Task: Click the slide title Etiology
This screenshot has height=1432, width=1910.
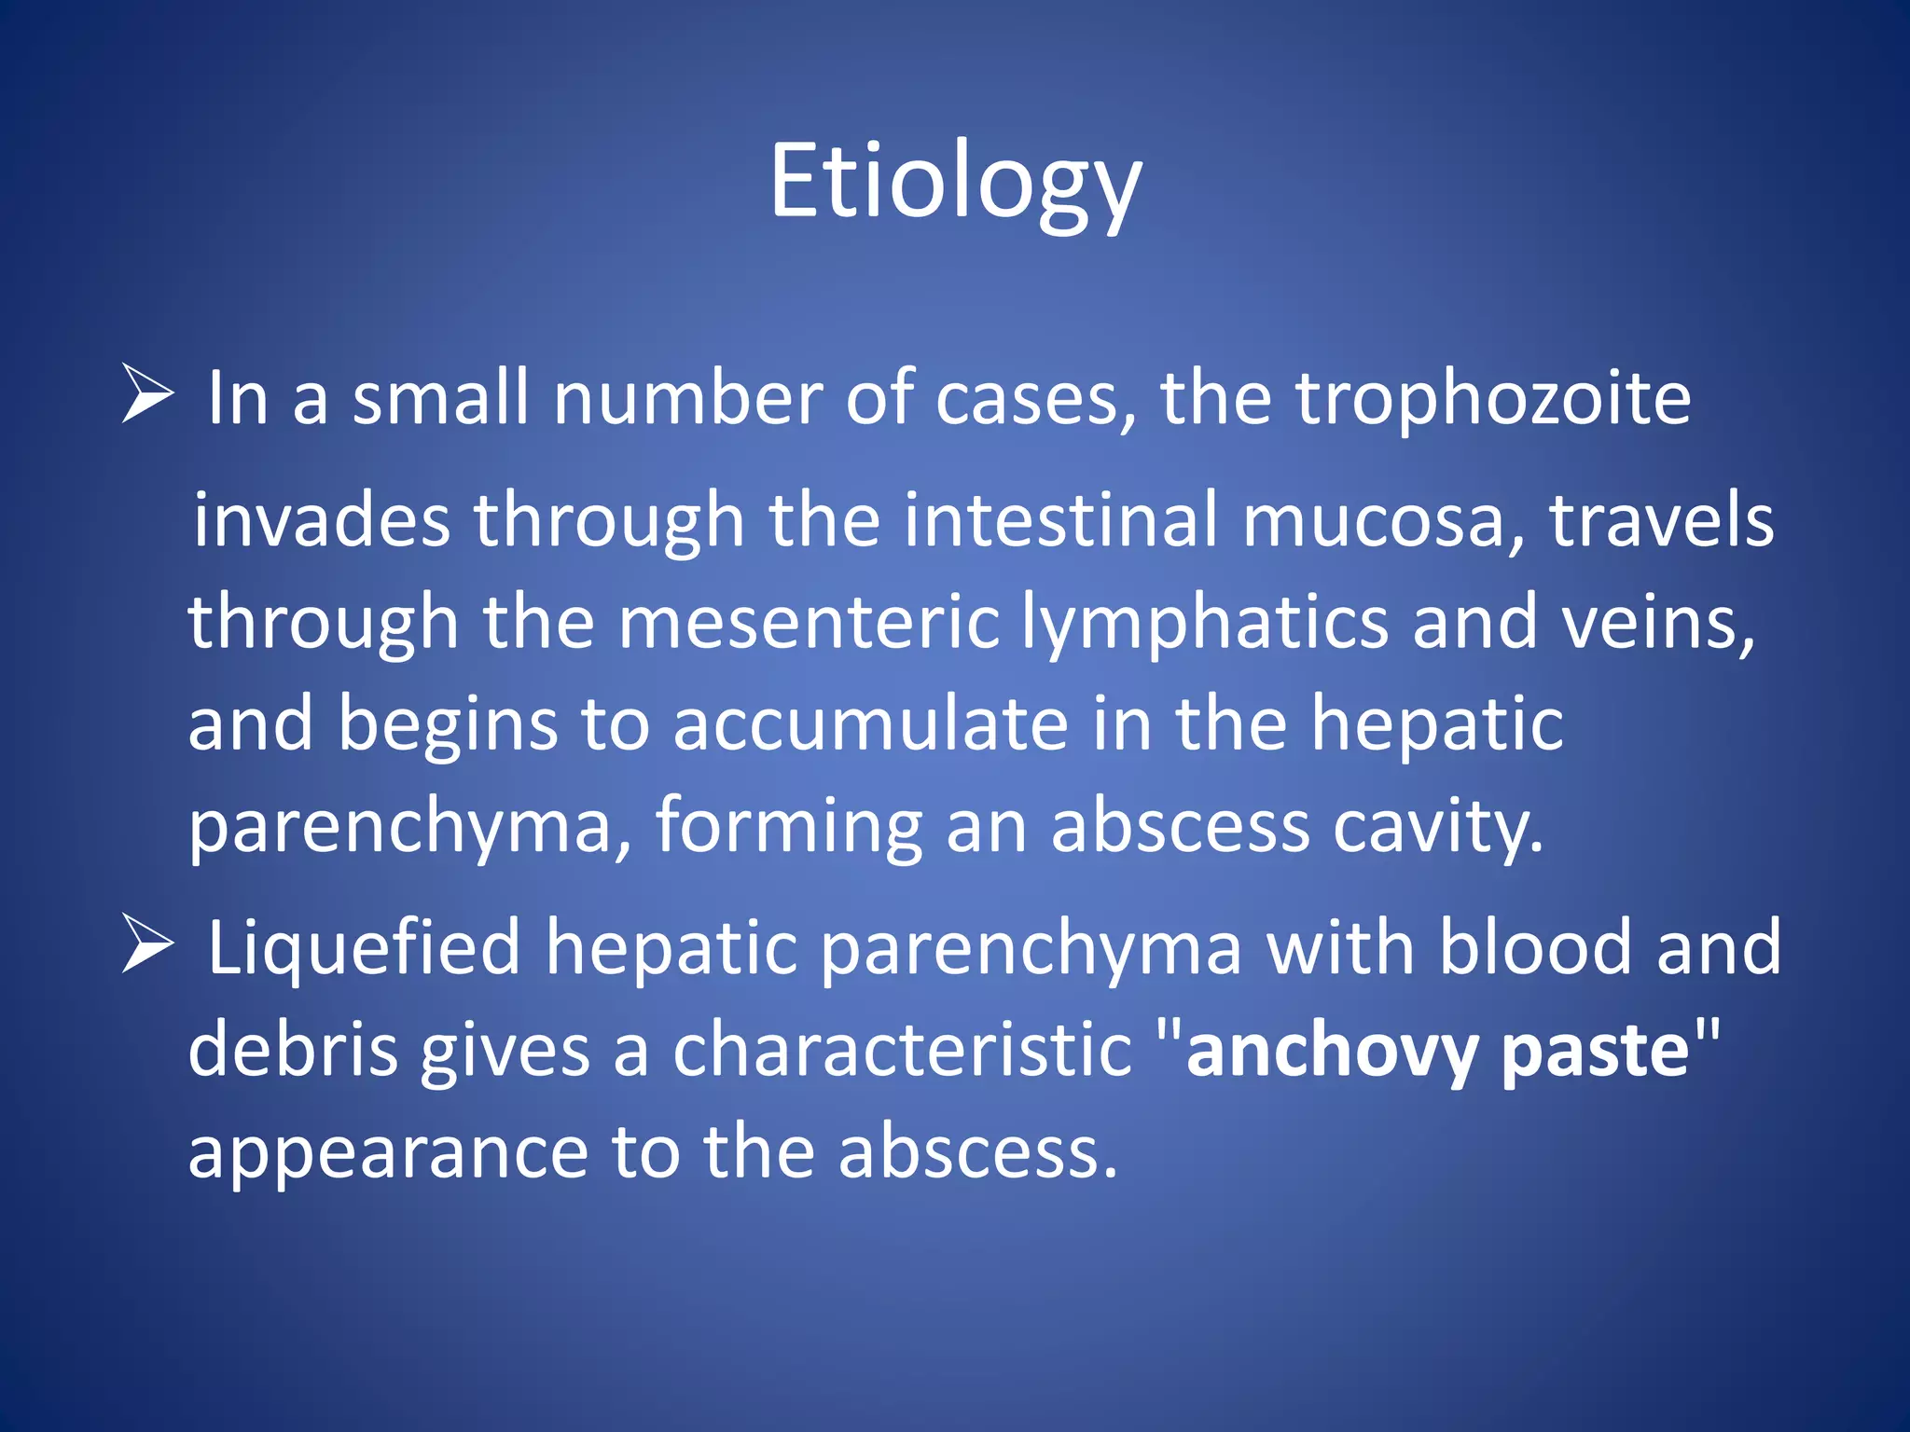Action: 955,183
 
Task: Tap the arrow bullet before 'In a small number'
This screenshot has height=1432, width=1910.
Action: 147,394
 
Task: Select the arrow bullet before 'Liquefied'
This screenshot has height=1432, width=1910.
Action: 147,943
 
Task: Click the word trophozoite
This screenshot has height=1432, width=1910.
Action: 1493,400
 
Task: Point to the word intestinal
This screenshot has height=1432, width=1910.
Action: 1060,520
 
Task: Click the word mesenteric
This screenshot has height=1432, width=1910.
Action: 809,622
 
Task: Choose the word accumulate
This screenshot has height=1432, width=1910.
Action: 870,724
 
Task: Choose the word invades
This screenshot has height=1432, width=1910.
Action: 323,520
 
